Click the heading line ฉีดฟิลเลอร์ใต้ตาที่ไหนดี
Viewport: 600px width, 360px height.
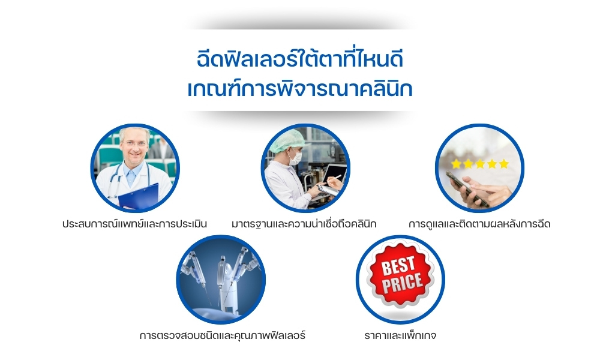tap(300, 59)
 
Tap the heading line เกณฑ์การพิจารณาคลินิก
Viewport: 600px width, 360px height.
tap(300, 89)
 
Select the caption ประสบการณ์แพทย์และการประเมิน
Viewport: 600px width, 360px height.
tap(134, 224)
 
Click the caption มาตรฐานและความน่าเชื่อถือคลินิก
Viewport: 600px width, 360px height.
tap(304, 224)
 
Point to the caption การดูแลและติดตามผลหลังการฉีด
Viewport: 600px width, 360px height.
tap(479, 224)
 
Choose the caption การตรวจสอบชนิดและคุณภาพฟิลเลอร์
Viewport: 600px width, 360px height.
tap(223, 335)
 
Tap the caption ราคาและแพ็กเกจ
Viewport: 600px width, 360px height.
tap(400, 335)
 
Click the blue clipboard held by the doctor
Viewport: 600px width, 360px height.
tap(139, 197)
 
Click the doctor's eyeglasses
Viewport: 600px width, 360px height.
tap(134, 144)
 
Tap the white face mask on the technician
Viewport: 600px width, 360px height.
tap(295, 157)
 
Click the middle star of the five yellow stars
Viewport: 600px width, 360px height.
tap(480, 164)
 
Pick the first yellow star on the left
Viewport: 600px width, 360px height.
tap(456, 164)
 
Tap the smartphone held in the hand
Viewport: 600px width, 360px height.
tap(467, 189)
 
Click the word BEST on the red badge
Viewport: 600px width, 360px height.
tap(398, 265)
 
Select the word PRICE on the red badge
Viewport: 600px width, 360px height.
tap(402, 283)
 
